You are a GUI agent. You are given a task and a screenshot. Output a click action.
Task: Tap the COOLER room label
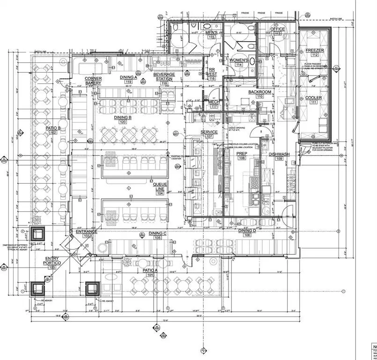coord(313,98)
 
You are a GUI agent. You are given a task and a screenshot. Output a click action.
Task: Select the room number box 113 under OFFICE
coord(279,34)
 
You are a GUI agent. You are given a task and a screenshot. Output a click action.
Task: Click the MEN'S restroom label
coord(212,32)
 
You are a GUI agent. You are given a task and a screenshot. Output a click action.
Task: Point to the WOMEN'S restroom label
coord(239,60)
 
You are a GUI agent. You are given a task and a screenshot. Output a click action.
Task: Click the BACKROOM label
coord(259,92)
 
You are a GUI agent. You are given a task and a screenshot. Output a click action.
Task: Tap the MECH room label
coord(214,102)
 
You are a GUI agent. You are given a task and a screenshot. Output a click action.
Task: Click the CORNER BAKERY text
coord(93,80)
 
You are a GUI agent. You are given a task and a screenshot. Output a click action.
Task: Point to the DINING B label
coord(123,117)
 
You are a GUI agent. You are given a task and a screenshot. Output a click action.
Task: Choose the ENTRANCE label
coord(86,232)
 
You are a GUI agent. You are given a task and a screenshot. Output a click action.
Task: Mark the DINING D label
coord(247,231)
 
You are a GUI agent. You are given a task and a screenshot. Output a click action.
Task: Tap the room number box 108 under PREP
coord(242,158)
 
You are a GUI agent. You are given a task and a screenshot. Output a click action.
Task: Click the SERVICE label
coord(209,132)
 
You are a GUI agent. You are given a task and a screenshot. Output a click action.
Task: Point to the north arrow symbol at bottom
coord(204,350)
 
